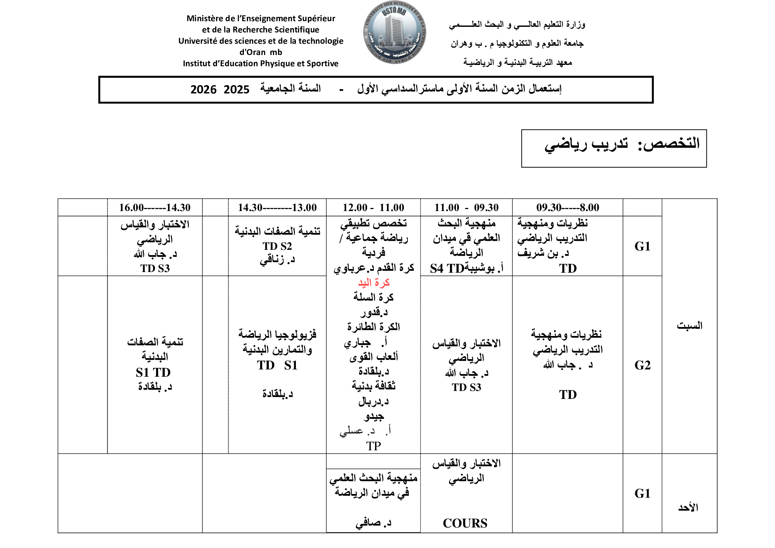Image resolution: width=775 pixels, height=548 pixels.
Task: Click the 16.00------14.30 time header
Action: tap(155, 207)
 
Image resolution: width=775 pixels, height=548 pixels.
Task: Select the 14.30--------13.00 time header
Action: tap(277, 207)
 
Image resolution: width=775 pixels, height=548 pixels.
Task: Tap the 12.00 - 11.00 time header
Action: tap(373, 207)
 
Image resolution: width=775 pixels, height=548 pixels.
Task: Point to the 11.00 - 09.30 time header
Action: tap(466, 207)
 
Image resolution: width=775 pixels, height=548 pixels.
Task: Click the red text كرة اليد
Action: tap(374, 283)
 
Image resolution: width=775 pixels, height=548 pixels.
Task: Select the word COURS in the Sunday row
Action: tap(465, 523)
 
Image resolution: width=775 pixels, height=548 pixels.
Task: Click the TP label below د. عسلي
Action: tap(373, 446)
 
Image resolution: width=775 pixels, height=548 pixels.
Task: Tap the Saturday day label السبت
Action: tap(689, 326)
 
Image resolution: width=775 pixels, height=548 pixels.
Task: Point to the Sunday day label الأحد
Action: tap(688, 507)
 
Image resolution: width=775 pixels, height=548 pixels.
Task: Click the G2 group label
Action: tap(642, 365)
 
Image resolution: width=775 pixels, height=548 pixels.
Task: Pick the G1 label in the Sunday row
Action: tap(642, 493)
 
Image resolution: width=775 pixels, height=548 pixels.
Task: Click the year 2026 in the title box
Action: tap(203, 90)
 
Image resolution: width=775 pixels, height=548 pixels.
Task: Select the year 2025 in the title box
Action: tap(236, 90)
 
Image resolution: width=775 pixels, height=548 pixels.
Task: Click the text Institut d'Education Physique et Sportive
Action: tap(260, 63)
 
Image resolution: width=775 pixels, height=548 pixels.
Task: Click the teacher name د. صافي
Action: tap(373, 523)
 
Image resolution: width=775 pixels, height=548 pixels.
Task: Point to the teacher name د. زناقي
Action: tap(277, 260)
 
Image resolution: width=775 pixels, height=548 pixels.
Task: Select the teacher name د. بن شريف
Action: tap(543, 253)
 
